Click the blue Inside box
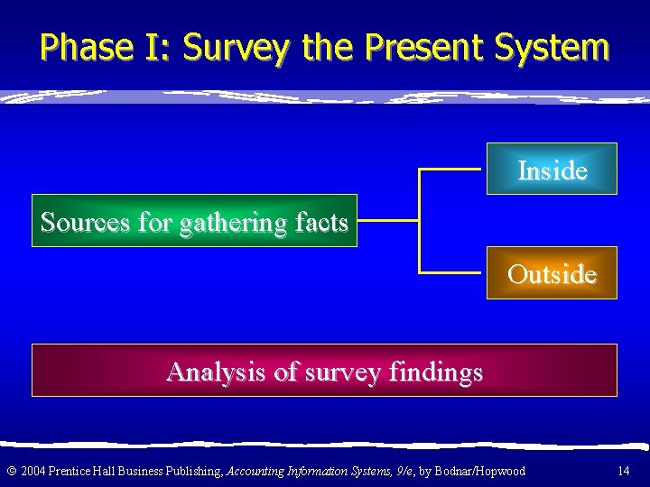point(552,169)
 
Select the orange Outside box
point(552,272)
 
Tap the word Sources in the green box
point(83,221)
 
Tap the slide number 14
point(623,471)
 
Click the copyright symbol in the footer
point(11,471)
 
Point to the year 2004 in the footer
point(32,471)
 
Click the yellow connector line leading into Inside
point(451,169)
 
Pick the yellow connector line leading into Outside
point(451,271)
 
